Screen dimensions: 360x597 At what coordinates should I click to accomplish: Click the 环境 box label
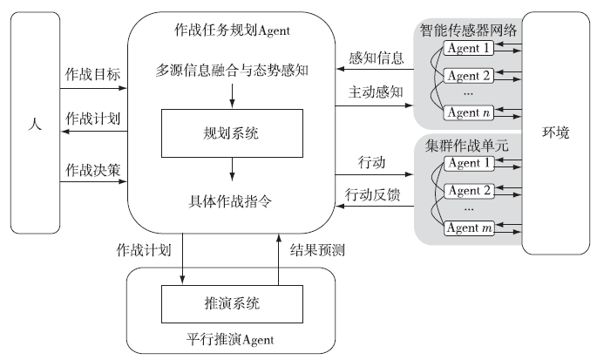tap(555, 132)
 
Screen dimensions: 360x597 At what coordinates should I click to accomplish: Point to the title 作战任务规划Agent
tap(232, 32)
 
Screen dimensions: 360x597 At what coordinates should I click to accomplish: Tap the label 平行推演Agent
tap(231, 338)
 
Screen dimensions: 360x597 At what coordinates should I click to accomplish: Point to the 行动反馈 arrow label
tap(373, 194)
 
